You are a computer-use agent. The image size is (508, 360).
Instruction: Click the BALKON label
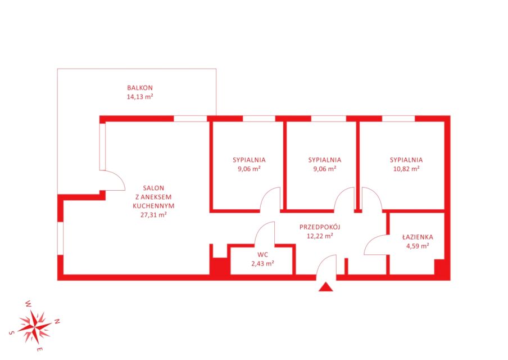coord(139,88)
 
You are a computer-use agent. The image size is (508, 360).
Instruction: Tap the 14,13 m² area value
coord(139,97)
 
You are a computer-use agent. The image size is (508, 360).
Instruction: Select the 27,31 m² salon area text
coord(153,214)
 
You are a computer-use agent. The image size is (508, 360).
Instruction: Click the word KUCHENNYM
coord(153,206)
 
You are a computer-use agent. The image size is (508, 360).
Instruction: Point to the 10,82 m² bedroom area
coord(406,169)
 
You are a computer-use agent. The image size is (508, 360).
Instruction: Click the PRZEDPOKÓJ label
coord(320,227)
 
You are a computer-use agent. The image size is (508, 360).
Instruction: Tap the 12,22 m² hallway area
coord(320,236)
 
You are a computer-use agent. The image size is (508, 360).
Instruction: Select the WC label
coord(263,255)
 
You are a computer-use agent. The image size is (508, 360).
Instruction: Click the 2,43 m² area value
coord(263,264)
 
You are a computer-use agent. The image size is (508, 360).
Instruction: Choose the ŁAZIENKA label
coord(418,237)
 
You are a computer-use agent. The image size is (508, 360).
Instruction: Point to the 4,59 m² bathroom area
coord(418,246)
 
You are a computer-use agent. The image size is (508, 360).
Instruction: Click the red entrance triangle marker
coord(325,287)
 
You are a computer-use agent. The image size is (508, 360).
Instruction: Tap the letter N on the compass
coord(57,321)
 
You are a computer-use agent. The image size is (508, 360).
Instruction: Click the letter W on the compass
coord(29,304)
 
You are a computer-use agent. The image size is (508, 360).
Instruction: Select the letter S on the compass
coord(11,333)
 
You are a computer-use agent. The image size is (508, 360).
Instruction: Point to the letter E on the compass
coord(40,349)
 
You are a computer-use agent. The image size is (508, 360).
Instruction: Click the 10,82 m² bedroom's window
coord(398,118)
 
